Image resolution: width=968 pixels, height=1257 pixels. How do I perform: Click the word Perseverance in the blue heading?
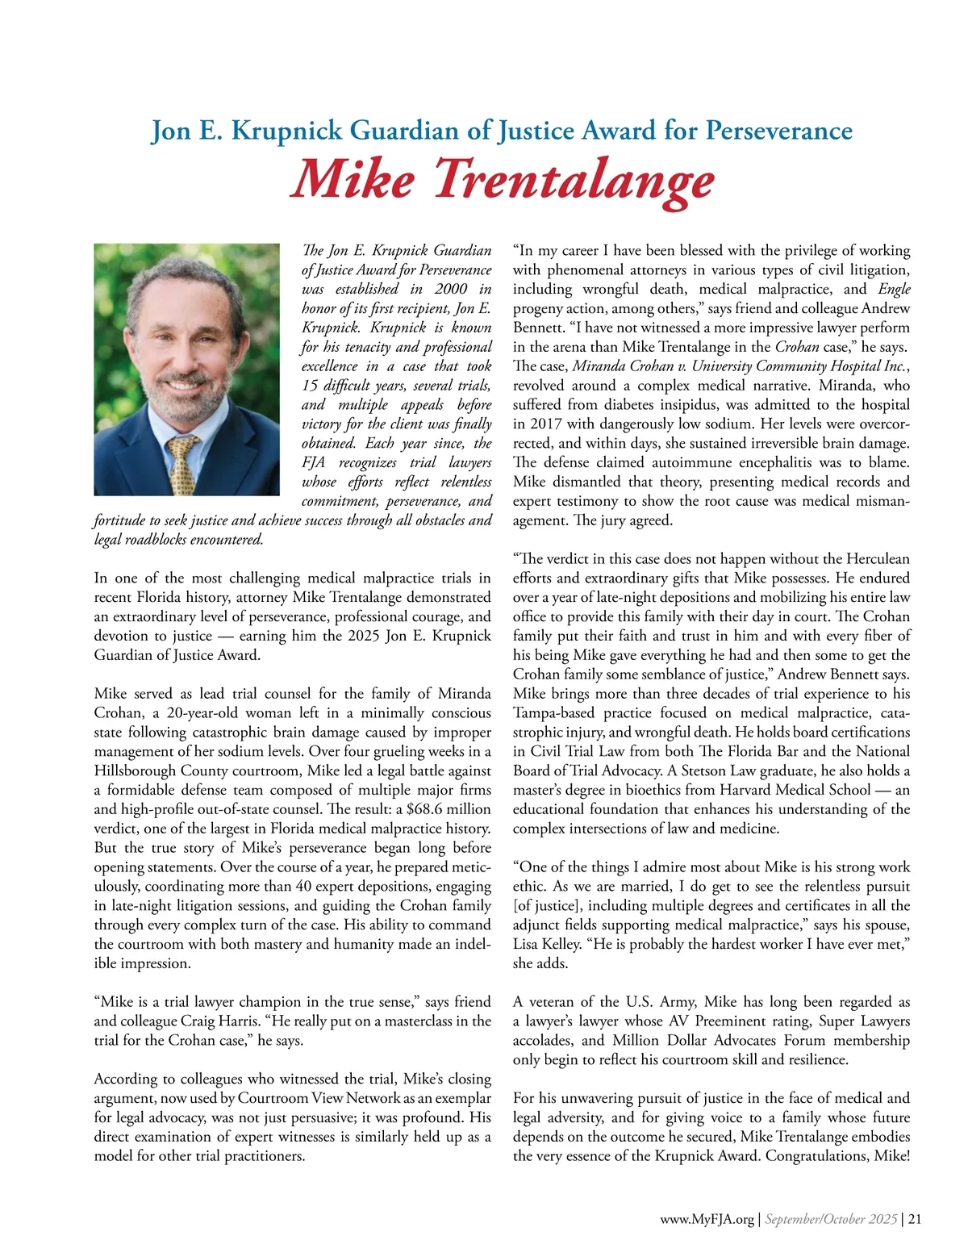point(778,130)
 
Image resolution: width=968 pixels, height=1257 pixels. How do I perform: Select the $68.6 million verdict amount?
point(449,809)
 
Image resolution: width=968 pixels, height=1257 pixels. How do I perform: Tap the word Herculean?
point(878,559)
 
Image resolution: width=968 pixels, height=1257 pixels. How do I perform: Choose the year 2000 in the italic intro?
point(450,289)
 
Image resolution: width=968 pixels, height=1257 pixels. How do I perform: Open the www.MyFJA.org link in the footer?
point(707,1220)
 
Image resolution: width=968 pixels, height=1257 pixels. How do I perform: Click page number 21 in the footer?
point(915,1220)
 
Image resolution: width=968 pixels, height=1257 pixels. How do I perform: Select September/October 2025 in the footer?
point(831,1220)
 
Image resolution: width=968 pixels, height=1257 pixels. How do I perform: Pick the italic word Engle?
point(894,289)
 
